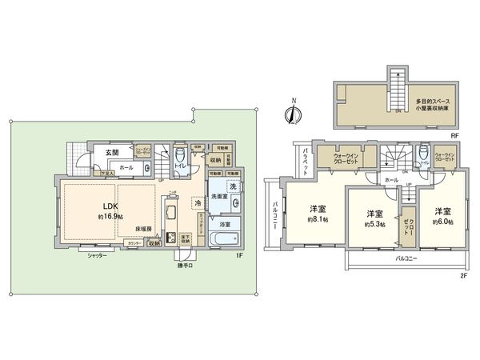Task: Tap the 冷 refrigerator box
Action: click(197, 204)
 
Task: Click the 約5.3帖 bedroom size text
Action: click(373, 225)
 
